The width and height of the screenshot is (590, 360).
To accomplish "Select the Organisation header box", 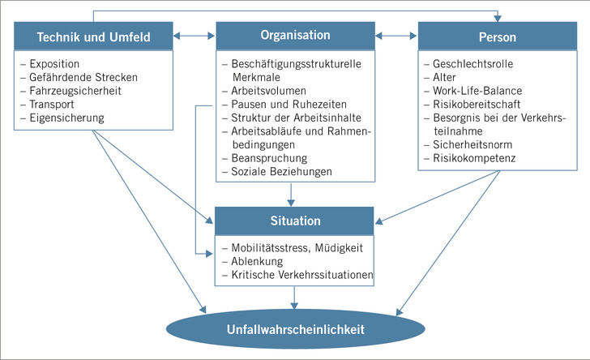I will click(x=295, y=36).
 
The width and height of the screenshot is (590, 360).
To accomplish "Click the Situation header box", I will click(x=295, y=220).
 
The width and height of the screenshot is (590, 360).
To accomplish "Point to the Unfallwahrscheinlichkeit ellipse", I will click(x=295, y=329).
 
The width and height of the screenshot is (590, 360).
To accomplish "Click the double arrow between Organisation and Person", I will click(x=395, y=36).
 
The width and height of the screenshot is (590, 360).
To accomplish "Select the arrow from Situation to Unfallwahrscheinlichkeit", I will click(x=295, y=298).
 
